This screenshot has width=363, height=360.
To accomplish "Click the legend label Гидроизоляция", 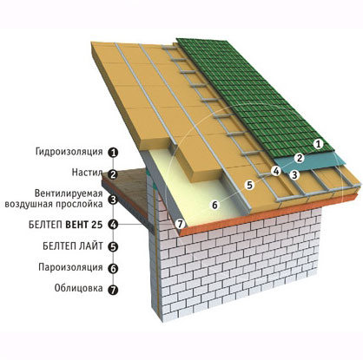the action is coord(69,152).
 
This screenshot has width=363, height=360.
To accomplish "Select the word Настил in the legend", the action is coord(87,173).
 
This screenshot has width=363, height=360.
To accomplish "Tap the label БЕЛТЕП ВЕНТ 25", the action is coord(66,225).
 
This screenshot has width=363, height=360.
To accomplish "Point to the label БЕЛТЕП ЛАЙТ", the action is coord(73,246).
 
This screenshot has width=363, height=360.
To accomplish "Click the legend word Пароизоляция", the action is coord(70,267).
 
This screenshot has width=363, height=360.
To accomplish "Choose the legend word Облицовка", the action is coord(78,288).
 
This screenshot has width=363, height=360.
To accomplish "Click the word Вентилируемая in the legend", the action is coord(69,193).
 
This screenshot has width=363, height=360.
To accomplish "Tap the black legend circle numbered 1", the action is coord(113,153).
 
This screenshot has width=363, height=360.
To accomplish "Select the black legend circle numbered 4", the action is coord(113,225).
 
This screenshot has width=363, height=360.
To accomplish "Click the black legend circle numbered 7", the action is coord(113,290).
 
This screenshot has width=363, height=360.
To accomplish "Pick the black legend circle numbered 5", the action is coord(113,246).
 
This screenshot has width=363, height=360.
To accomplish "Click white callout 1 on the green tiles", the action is coord(319,144).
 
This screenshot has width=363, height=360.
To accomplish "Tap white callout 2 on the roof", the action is coord(300,158).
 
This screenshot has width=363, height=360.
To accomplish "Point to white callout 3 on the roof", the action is coord(294,174).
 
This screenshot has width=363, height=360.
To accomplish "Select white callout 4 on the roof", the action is coord(276,171).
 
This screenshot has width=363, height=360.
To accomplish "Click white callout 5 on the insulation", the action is coord(250,185).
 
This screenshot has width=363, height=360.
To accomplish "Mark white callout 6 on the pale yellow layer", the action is coord(214,205).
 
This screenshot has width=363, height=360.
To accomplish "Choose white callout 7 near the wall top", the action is coord(180,224).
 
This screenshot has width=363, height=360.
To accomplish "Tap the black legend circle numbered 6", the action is coord(113,269).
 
